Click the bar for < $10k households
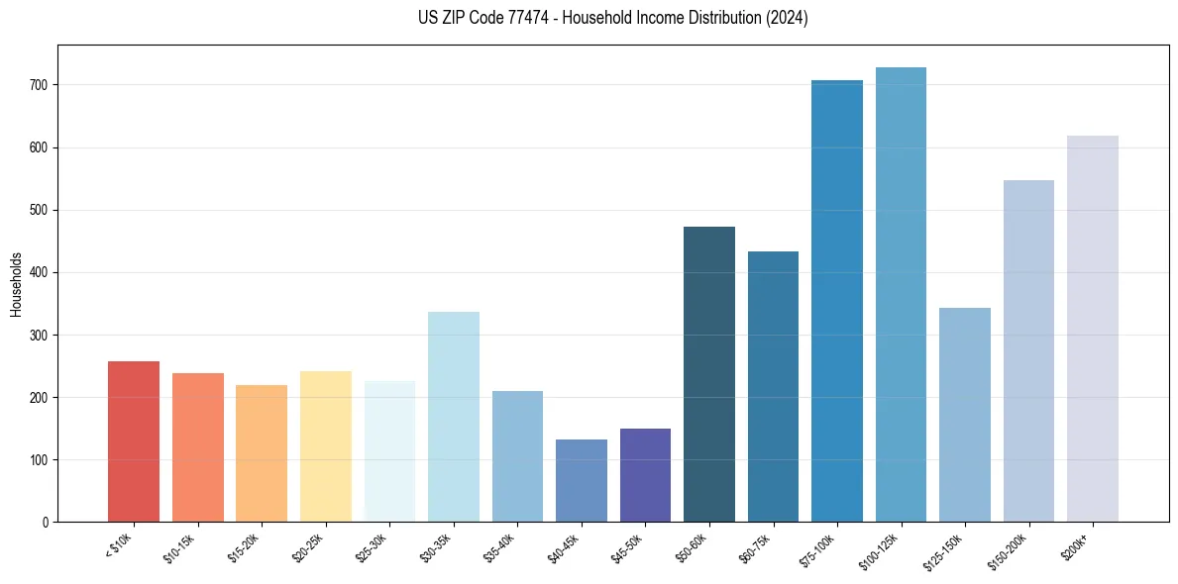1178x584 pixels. (134, 441)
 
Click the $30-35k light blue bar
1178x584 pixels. (454, 417)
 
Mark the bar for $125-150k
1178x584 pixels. (965, 415)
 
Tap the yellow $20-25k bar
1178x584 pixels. (326, 446)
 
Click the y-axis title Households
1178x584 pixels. (16, 283)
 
